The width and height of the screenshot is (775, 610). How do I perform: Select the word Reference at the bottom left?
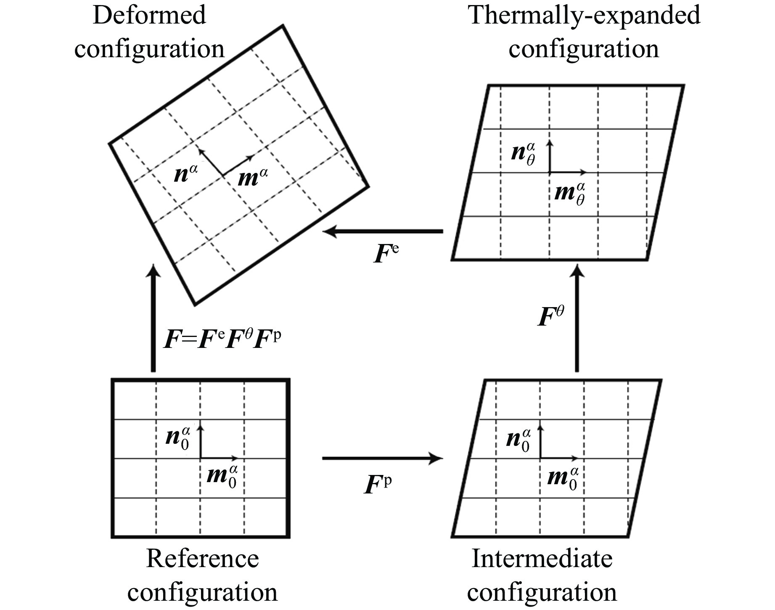[202, 559]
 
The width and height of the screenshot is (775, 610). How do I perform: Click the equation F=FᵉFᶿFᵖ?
[222, 340]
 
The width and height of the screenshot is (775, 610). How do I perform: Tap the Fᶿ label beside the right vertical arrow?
[551, 316]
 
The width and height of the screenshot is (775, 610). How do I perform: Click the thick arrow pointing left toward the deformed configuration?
[383, 231]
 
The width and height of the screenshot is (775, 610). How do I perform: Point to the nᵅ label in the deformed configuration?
[185, 174]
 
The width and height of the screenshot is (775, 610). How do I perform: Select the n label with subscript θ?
[524, 154]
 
